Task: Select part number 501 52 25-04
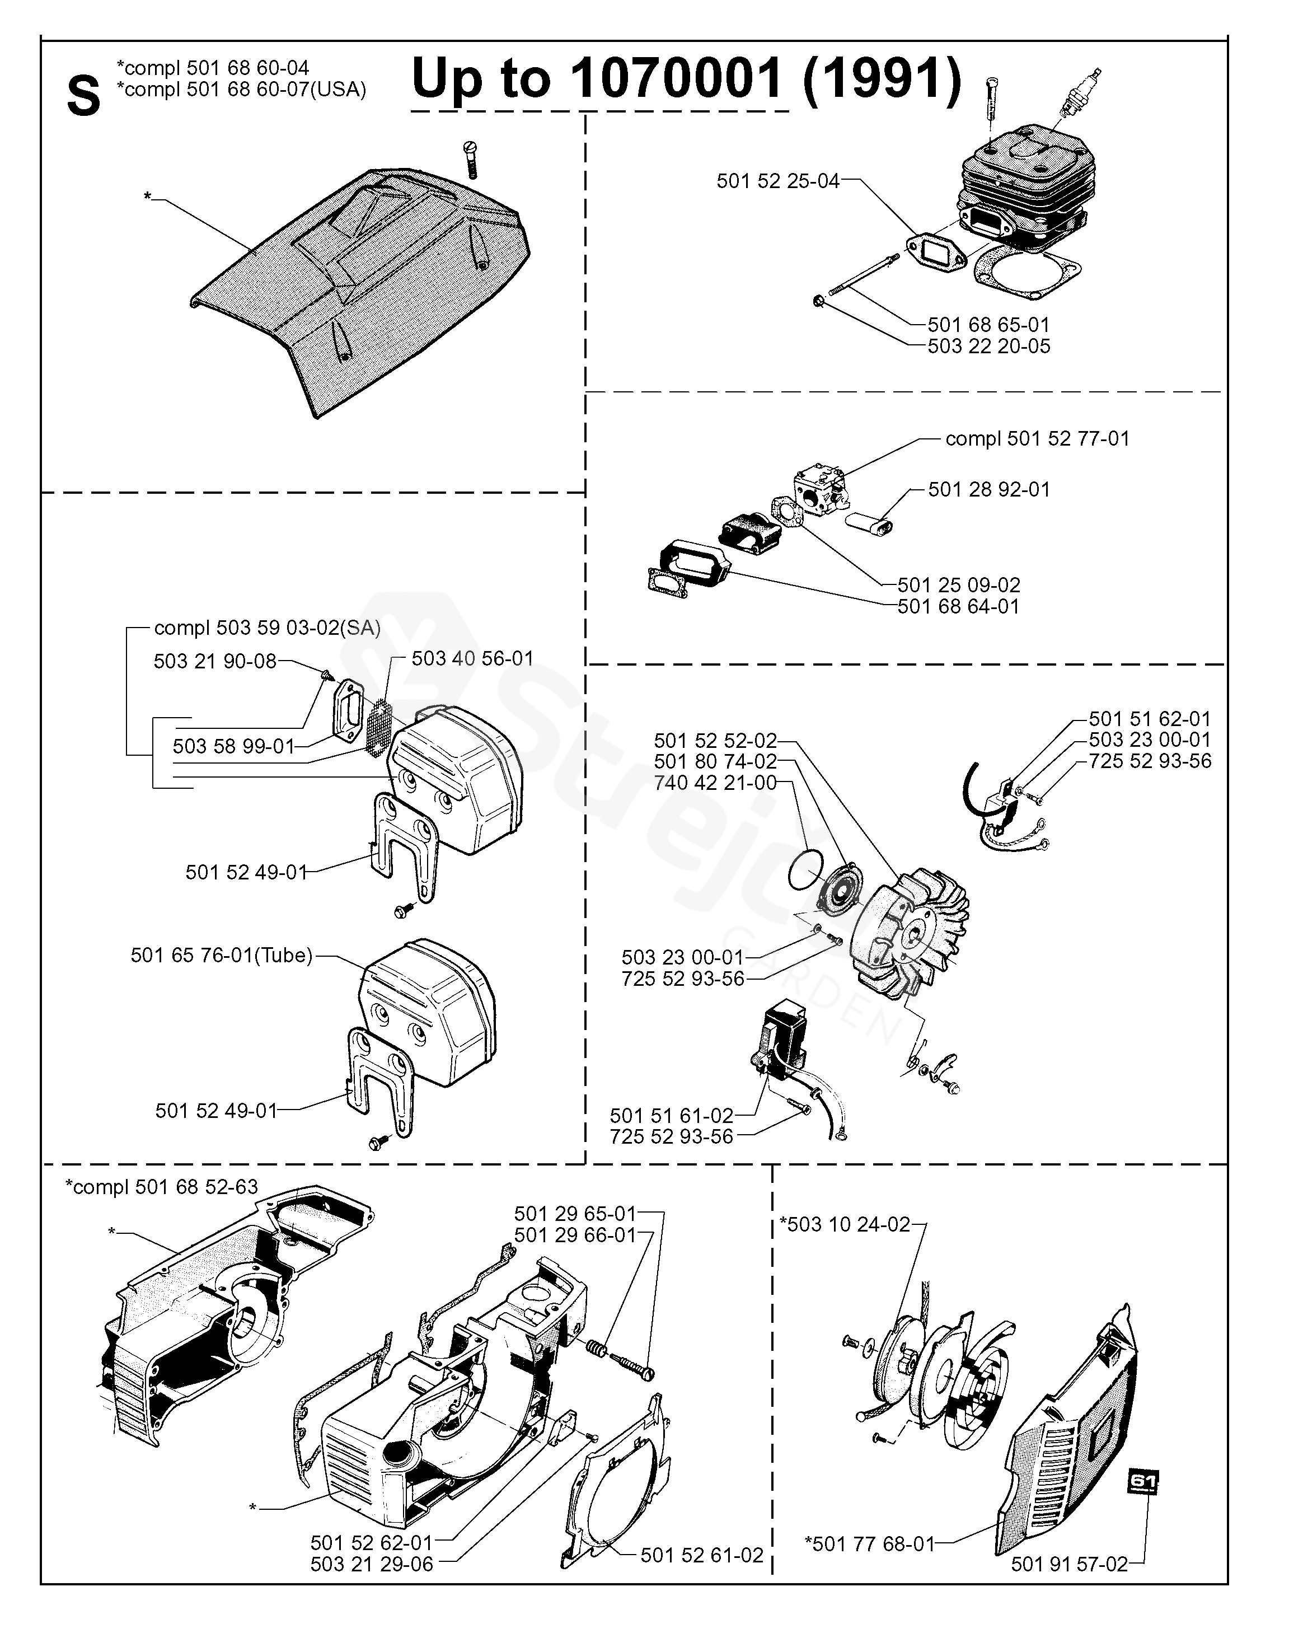coord(777,181)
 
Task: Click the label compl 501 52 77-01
coord(1037,438)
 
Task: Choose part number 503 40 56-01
coord(472,658)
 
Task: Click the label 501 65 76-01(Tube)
coord(221,956)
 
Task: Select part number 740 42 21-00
coord(715,783)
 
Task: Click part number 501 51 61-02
coord(671,1116)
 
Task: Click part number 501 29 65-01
coord(575,1214)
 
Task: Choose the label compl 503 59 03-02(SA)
coord(267,628)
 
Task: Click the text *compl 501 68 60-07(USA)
coord(241,89)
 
